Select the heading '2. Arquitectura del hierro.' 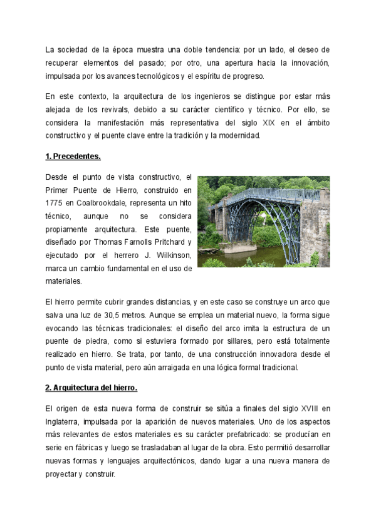point(91,388)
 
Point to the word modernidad point(232,136)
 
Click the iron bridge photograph point(263,221)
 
